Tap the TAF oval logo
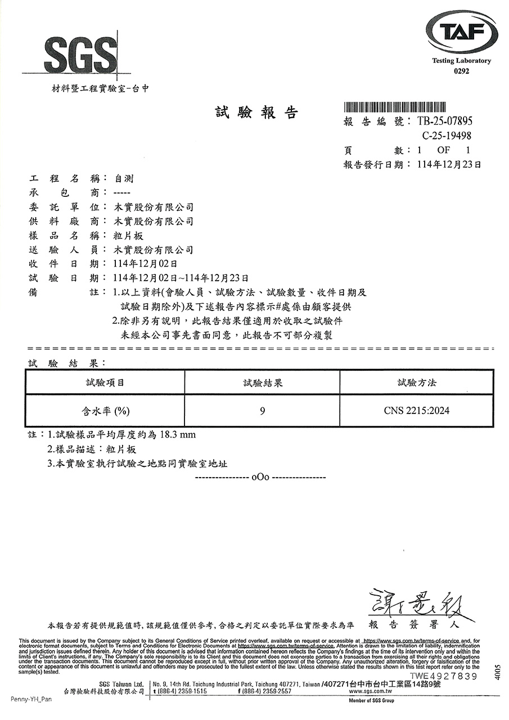point(461,34)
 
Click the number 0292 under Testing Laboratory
point(461,71)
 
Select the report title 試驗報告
point(256,112)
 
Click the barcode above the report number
point(395,107)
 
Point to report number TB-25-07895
point(445,121)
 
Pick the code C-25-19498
point(446,136)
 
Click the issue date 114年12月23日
point(450,165)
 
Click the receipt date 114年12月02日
point(146,263)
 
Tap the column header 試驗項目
point(105,383)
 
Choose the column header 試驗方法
point(417,383)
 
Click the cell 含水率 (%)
point(106,411)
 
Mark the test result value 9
point(263,411)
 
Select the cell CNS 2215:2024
point(417,411)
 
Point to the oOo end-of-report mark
point(260,478)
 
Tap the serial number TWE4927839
point(444,676)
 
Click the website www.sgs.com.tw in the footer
point(370,691)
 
